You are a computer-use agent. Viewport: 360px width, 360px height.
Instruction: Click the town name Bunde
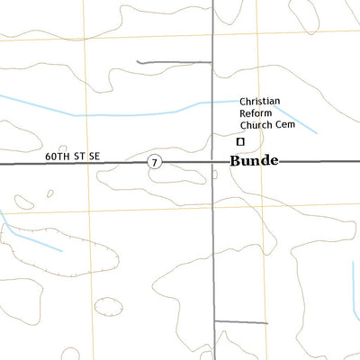[x=254, y=161]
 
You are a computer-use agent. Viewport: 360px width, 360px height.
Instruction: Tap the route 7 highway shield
[x=156, y=161]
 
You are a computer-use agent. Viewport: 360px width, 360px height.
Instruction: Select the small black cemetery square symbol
[x=240, y=141]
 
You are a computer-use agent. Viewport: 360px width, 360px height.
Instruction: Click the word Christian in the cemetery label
[x=261, y=103]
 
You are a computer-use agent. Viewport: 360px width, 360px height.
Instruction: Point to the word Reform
[x=256, y=113]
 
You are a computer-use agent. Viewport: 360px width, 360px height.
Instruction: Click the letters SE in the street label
[x=94, y=157]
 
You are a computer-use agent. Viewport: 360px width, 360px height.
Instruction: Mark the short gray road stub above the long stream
[x=173, y=63]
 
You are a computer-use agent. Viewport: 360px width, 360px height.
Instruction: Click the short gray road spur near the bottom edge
[x=229, y=321]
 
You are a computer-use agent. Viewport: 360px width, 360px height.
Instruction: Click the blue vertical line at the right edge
[x=355, y=288]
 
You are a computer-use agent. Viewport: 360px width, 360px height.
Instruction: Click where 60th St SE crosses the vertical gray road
[x=213, y=163]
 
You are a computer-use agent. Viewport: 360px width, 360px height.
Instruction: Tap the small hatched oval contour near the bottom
[x=108, y=306]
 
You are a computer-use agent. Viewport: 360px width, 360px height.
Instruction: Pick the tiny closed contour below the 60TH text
[x=49, y=193]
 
